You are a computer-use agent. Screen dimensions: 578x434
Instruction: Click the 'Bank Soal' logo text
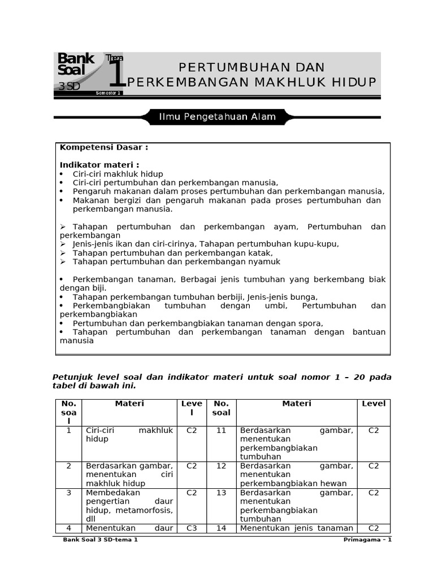point(76,64)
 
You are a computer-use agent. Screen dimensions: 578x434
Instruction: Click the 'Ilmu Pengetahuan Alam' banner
point(217,117)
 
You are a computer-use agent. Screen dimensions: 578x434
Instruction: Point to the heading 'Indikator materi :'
point(99,165)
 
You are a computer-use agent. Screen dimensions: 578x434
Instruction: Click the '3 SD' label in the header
point(69,86)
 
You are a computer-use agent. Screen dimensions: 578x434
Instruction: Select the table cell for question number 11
point(221,430)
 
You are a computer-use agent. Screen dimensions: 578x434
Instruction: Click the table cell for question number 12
point(221,466)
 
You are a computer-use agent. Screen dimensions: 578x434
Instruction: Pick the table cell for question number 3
point(69,492)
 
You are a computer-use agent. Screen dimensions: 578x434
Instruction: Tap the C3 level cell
point(192,528)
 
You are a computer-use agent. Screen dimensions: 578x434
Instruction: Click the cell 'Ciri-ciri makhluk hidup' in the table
point(129,435)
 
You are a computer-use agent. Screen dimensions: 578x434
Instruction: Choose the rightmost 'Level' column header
point(374,404)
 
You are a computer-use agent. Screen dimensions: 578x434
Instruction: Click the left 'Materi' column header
point(129,404)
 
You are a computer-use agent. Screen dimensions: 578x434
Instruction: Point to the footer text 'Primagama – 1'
point(367,540)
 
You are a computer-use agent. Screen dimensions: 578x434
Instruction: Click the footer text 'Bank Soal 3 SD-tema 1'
point(100,540)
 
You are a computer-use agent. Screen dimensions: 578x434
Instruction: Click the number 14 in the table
point(221,528)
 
